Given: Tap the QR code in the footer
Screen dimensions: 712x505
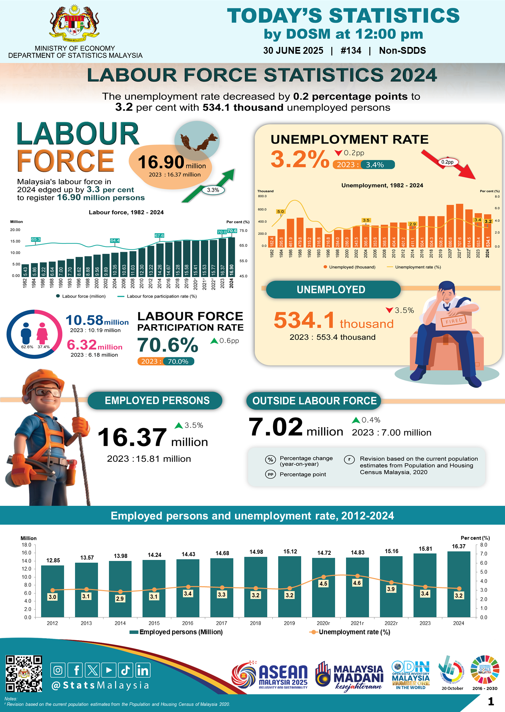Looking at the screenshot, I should pos(24,673).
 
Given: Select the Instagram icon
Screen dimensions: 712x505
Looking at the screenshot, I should pos(58,670).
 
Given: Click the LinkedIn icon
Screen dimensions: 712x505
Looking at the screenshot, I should pos(143,670).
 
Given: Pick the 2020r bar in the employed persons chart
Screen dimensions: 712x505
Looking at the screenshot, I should pos(323,587).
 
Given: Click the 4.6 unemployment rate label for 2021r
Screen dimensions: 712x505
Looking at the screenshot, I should pos(357,583).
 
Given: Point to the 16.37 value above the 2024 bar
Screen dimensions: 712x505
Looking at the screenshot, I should pos(459,546).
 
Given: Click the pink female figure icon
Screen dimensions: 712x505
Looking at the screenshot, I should pos(42,333).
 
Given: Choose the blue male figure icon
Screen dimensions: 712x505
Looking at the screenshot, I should pos(26,333).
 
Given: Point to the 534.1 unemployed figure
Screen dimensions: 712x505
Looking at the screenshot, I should pos(304,320).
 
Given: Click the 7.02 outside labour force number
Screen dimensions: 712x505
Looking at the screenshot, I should pos(276,427).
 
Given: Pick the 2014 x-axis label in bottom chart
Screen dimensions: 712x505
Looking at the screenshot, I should pos(120,623).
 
